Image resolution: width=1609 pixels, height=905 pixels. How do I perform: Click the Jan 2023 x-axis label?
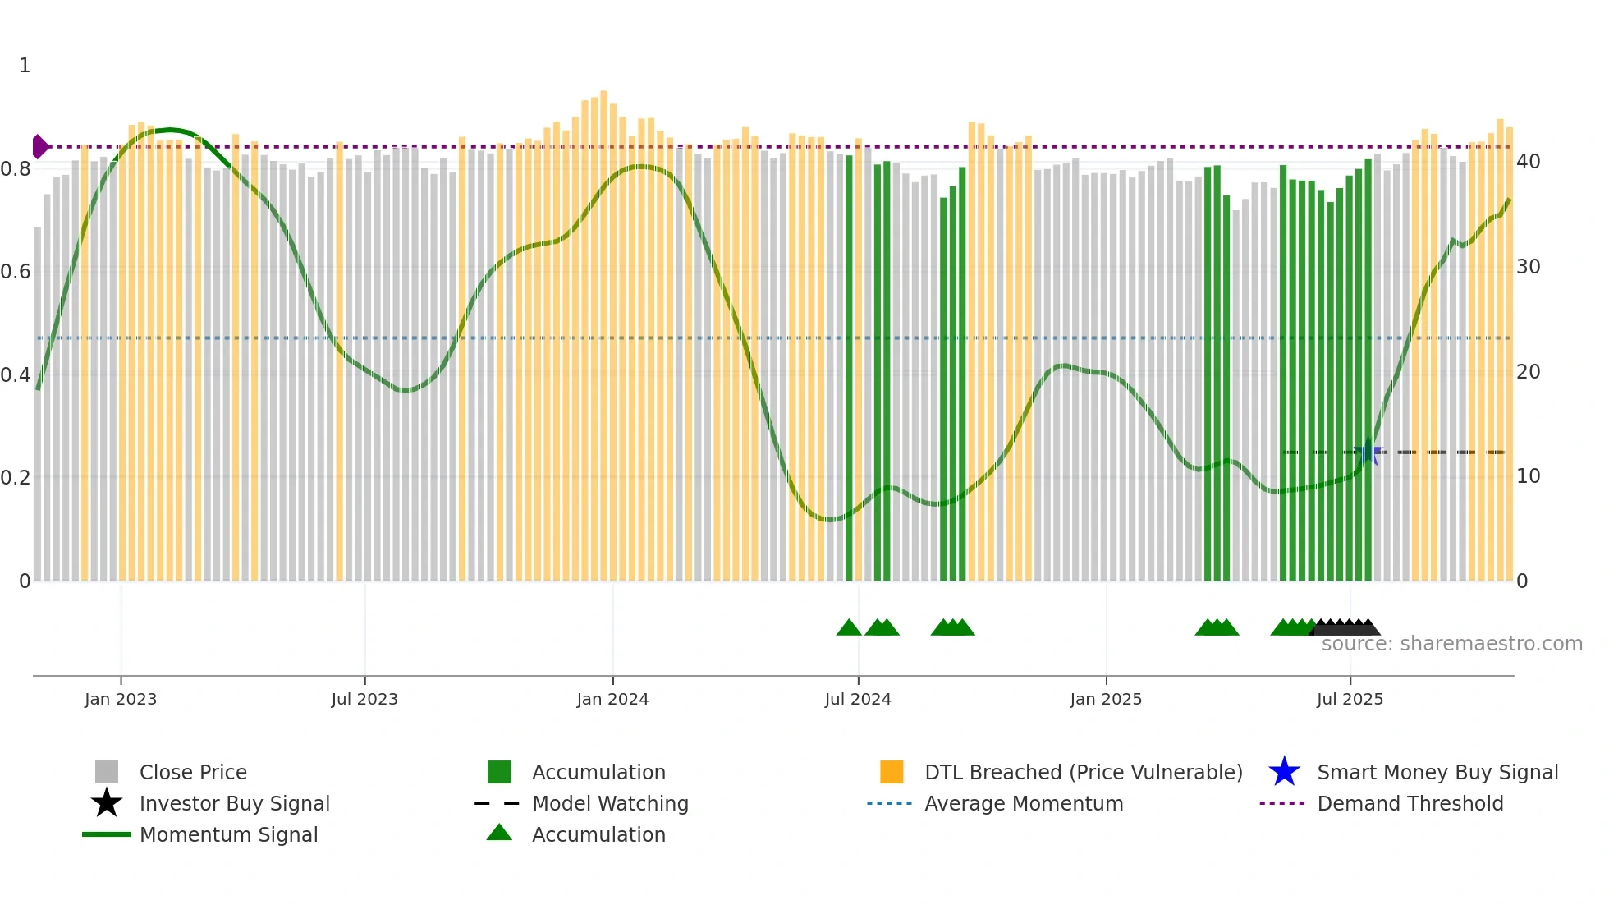coord(121,699)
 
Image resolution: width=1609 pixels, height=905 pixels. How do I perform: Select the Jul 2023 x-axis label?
coord(364,699)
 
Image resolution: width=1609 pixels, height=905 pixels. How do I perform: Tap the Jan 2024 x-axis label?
coord(612,699)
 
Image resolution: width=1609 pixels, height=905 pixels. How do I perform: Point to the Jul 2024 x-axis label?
coord(858,699)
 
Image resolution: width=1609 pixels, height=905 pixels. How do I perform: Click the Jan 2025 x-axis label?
coord(1106,699)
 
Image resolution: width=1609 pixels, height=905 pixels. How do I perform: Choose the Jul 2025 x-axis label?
coord(1350,699)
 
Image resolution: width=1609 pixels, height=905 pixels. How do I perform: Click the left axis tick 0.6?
coord(16,272)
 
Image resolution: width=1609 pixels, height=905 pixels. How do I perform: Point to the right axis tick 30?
coord(1528,267)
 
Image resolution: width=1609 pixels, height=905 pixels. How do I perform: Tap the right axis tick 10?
coord(1528,476)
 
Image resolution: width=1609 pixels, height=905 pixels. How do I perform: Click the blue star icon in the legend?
coord(1284,772)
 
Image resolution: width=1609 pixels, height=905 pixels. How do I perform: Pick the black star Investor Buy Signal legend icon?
coord(107,803)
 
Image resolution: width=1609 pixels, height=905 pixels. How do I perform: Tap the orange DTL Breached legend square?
coord(892,772)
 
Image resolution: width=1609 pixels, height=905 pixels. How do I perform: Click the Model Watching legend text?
coord(610,803)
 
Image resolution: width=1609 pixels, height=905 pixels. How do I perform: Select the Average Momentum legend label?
coord(1024,803)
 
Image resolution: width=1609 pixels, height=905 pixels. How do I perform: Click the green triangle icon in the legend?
coord(499,834)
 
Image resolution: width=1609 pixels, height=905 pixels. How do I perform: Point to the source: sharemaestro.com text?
coord(1451,644)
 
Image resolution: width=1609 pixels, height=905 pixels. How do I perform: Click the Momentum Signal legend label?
coord(228,834)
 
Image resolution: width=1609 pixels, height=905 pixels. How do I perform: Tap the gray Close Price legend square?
coord(107,772)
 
